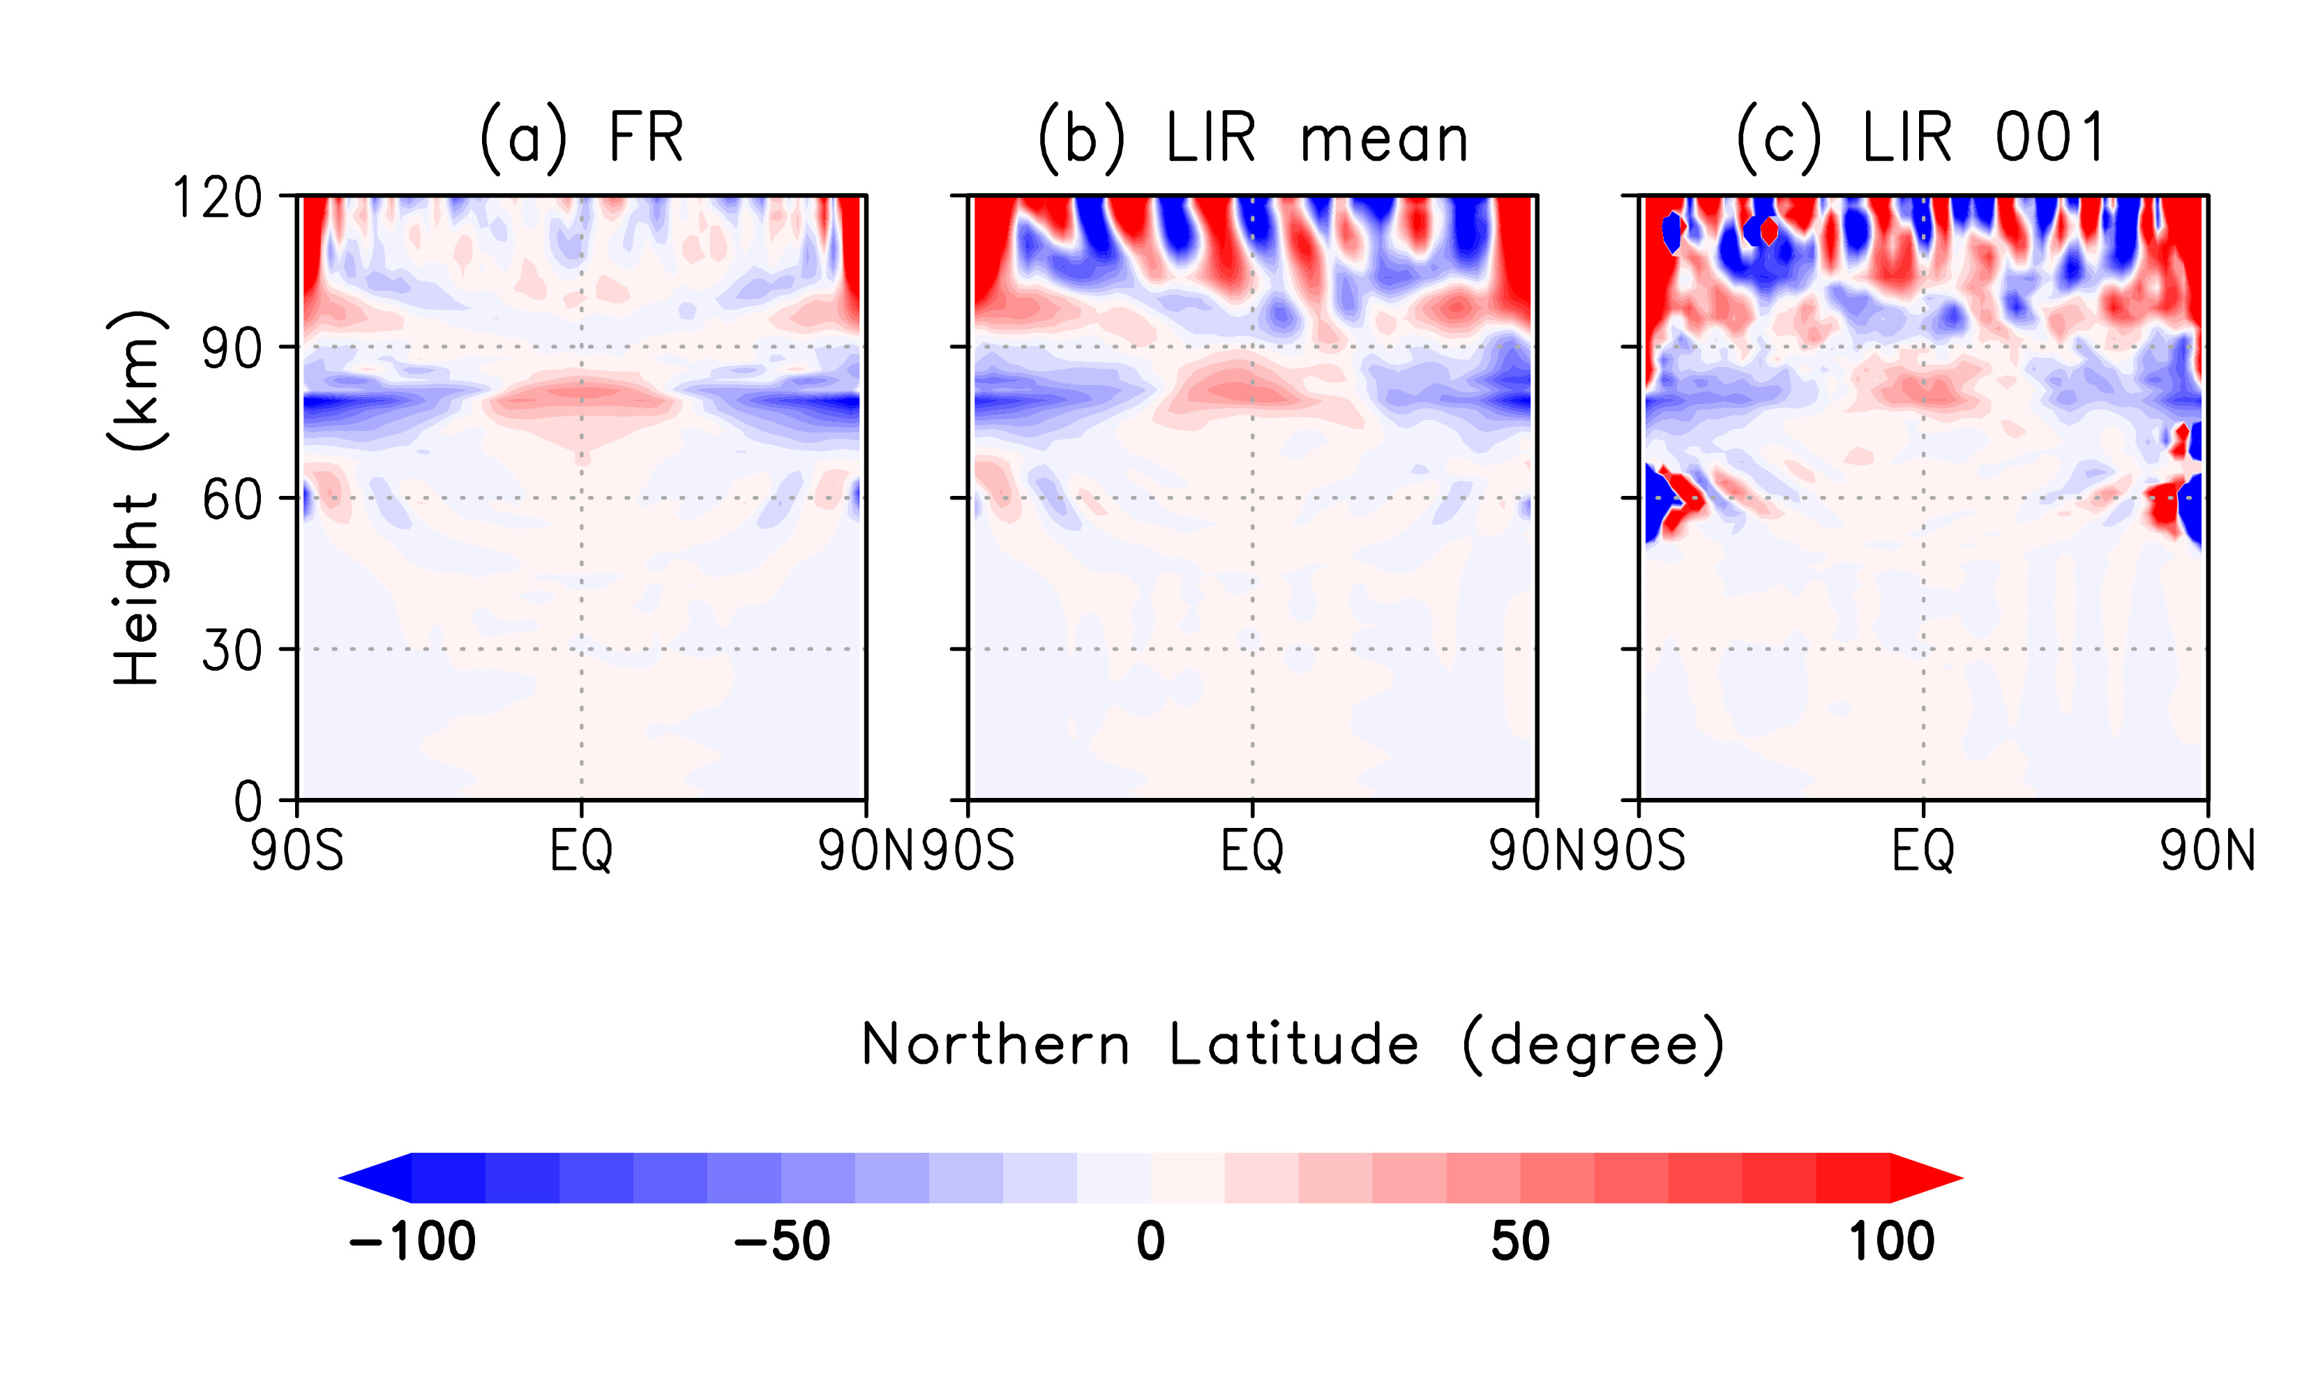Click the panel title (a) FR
pyautogui.click(x=581, y=138)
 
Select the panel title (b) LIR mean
pyautogui.click(x=1253, y=138)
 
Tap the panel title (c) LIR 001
pyautogui.click(x=1921, y=138)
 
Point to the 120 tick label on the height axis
pyautogui.click(x=218, y=198)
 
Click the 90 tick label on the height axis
pyautogui.click(x=232, y=349)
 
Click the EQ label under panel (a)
pyautogui.click(x=581, y=850)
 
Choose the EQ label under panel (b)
pyautogui.click(x=1253, y=850)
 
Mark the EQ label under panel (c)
pyautogui.click(x=1923, y=850)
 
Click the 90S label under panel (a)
pyautogui.click(x=297, y=850)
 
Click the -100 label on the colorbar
pyautogui.click(x=412, y=1242)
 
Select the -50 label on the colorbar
pyautogui.click(x=782, y=1242)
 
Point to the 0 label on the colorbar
pyautogui.click(x=1151, y=1242)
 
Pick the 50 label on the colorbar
pyautogui.click(x=1520, y=1242)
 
